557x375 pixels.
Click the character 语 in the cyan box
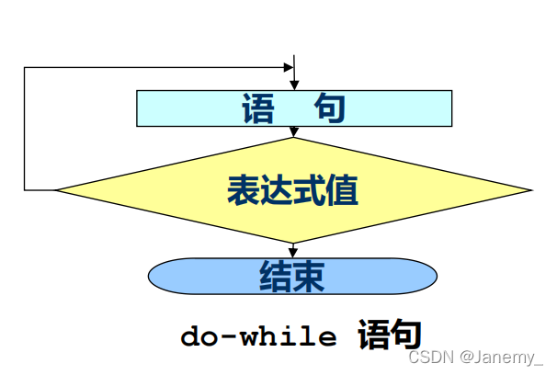[x=259, y=108]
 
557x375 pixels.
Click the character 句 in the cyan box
[x=330, y=108]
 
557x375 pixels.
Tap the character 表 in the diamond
[x=243, y=190]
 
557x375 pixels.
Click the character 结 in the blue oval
[x=276, y=275]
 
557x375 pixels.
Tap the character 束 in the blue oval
[x=310, y=275]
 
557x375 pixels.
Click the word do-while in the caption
[x=258, y=335]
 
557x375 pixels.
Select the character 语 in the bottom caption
[x=373, y=335]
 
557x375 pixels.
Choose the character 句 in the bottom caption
[x=405, y=335]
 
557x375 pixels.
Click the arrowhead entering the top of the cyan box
[x=294, y=85]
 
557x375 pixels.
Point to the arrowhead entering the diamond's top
[x=294, y=132]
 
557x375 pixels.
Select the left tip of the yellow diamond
[x=57, y=190]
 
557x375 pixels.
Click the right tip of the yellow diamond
[x=530, y=190]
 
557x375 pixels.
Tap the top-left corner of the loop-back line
[x=25, y=67]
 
